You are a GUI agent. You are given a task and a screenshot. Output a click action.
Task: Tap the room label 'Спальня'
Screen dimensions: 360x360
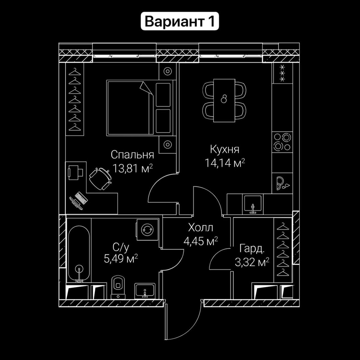[132, 155]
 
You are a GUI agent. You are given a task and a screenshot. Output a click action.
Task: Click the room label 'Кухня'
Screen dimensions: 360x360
[224, 149]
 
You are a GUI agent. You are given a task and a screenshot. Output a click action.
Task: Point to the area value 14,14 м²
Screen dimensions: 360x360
[225, 163]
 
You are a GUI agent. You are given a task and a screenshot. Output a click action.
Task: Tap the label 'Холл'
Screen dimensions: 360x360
[200, 228]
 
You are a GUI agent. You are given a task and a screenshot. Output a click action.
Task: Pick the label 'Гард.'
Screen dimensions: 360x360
[252, 249]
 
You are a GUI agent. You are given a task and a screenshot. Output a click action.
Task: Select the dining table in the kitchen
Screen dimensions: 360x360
[223, 100]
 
